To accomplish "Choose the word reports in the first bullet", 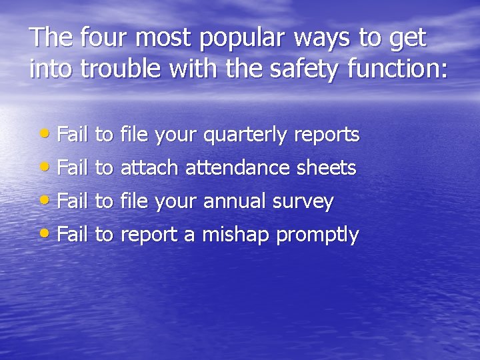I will (327, 136).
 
